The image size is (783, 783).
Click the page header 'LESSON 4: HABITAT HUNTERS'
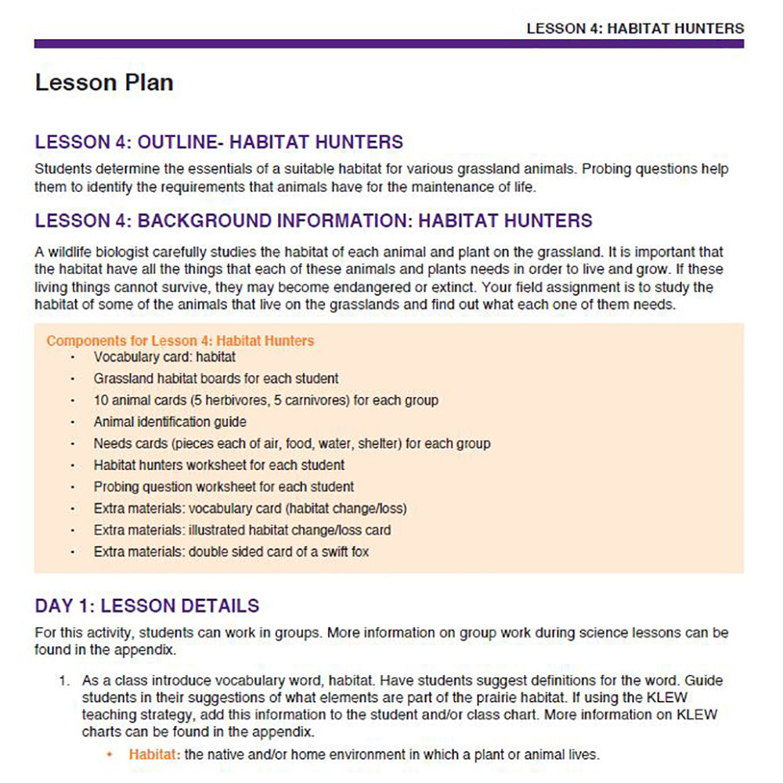coord(634,29)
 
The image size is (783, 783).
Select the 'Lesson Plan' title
coord(104,83)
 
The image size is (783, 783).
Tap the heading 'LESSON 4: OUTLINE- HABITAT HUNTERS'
coord(219,143)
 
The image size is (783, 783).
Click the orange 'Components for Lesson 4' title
coord(180,341)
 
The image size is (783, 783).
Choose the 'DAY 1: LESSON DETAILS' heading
coord(147,606)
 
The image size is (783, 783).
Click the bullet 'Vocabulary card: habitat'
coord(164,357)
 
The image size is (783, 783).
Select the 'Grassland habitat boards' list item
coord(216,379)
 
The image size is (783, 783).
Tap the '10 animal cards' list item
coord(265,400)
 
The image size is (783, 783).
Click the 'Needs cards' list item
coord(292,443)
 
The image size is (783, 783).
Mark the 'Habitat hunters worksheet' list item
coord(219,465)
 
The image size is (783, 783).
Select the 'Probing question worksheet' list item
coord(224,486)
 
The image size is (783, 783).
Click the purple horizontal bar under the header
coord(389,44)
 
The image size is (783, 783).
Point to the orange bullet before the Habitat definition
coord(110,755)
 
